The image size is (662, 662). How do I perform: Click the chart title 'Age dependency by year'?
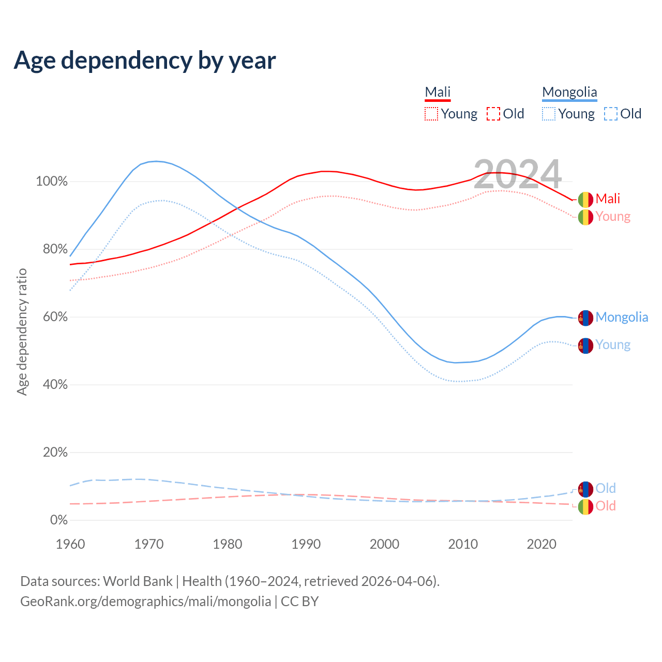145,61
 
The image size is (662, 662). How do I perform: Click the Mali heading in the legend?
438,92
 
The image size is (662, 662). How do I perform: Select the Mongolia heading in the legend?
569,92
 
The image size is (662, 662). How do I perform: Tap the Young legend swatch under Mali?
431,114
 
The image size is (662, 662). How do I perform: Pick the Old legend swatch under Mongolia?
610,114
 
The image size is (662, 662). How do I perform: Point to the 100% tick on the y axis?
52,182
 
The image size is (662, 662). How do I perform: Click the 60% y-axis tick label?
55,317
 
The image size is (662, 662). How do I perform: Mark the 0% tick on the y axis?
59,520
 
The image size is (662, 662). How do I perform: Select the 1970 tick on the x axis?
149,544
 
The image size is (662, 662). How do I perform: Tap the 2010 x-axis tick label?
463,544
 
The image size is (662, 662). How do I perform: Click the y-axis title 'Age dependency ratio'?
22,332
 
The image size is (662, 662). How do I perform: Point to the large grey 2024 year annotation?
517,175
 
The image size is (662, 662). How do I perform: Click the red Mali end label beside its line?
608,199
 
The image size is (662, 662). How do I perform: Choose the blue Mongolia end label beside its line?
622,317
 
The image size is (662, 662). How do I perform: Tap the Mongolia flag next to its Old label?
585,489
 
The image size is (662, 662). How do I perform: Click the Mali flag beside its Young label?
585,217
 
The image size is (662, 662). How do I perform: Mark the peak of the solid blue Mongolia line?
156,161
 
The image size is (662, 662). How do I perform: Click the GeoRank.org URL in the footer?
145,601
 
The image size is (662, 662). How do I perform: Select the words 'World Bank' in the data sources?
138,581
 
